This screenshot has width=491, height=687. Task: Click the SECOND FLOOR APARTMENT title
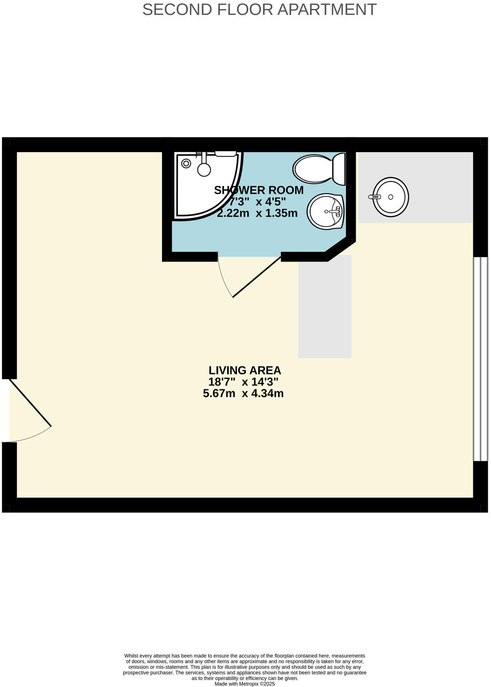259,10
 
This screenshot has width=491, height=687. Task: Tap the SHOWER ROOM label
259,190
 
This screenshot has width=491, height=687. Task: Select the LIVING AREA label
245,370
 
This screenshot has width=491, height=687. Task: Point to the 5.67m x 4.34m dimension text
243,394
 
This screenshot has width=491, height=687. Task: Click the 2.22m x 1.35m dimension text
257,213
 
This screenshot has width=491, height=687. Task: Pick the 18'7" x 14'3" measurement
243,382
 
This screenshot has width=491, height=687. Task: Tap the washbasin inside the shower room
325,212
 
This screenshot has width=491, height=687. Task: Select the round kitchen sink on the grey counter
391,197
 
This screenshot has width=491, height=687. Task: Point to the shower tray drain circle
186,163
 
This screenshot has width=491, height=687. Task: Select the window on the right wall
480,359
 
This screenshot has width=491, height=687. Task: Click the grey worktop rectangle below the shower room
325,307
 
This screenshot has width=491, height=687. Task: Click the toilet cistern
339,169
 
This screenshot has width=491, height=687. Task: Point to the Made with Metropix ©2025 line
244,684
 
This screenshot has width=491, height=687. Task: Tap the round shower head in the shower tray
204,169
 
